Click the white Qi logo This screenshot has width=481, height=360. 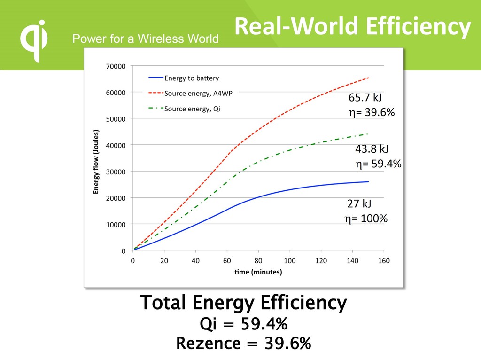[x=34, y=40]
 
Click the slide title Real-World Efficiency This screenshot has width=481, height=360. [x=352, y=27]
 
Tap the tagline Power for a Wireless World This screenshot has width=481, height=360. [x=145, y=39]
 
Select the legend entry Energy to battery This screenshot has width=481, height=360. [x=191, y=78]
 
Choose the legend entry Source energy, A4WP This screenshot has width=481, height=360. [x=198, y=93]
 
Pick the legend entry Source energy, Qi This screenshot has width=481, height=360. [x=192, y=109]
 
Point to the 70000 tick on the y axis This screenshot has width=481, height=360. [x=116, y=66]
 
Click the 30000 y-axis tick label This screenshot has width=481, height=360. [x=116, y=172]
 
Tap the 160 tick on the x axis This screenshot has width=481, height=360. [x=384, y=260]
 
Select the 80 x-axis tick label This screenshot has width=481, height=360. [x=258, y=260]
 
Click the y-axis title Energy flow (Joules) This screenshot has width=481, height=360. [x=96, y=162]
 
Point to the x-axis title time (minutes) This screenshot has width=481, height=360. [x=258, y=272]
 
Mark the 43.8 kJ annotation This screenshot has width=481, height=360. [x=372, y=149]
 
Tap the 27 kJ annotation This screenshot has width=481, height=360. [x=359, y=203]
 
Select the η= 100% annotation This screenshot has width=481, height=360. [x=366, y=219]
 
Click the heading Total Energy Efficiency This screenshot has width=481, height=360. [x=243, y=303]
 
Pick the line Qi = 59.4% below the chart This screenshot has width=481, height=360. [x=243, y=324]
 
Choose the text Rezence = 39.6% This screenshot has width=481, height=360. [x=243, y=344]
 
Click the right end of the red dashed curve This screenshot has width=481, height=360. [x=368, y=78]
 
